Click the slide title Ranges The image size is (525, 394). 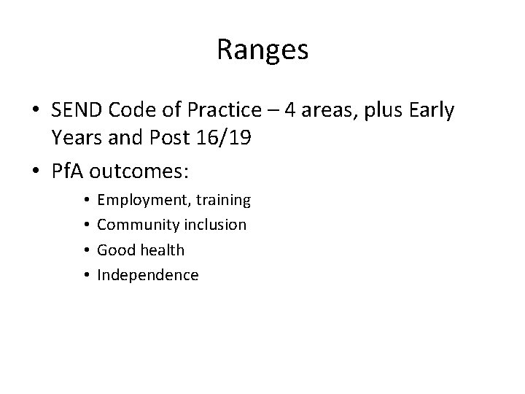[x=262, y=50]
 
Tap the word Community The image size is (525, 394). [x=136, y=225]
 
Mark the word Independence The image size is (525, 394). [x=148, y=275]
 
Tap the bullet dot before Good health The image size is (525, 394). [x=86, y=250]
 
